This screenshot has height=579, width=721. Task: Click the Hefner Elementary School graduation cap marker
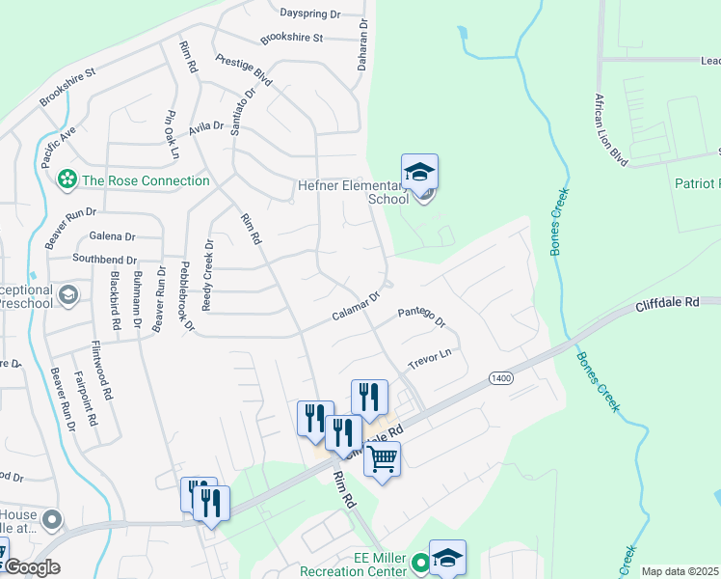pos(419,173)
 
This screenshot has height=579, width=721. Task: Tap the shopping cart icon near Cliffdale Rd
pos(383,458)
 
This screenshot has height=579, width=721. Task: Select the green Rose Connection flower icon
pos(67,179)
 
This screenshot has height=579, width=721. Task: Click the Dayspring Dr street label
pos(310,14)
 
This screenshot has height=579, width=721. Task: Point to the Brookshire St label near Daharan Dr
pos(291,39)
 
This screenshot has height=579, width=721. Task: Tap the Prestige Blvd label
pos(244,68)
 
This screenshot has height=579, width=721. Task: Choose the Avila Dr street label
pos(206,126)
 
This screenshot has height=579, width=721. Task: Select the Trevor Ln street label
pos(429,361)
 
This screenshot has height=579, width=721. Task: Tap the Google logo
pos(33,567)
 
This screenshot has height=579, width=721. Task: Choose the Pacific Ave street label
pos(60,144)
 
